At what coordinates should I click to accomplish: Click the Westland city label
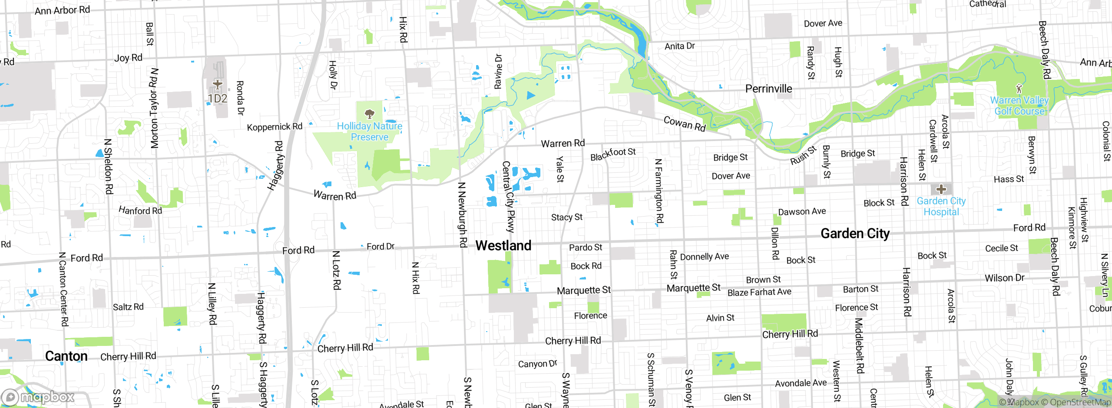503,246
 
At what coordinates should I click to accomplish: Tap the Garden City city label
854,234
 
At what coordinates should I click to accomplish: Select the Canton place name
66,356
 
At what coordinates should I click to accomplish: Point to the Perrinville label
768,89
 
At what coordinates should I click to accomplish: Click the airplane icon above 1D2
217,84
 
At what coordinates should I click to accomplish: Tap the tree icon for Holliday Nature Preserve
370,114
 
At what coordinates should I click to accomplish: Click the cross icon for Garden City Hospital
941,189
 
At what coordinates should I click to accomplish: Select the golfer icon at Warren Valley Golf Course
1019,89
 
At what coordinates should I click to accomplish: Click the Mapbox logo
38,397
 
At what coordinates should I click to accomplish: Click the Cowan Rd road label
685,124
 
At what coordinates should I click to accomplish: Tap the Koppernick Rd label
275,127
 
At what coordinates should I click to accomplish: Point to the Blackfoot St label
612,154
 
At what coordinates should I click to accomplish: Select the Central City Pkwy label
508,196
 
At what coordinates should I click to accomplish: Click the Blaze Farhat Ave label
759,292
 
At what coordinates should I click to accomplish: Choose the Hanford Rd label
140,211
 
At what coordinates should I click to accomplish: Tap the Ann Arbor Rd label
62,10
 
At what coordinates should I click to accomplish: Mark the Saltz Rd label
128,307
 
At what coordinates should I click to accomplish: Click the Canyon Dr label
537,364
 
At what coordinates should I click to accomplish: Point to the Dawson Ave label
801,211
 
